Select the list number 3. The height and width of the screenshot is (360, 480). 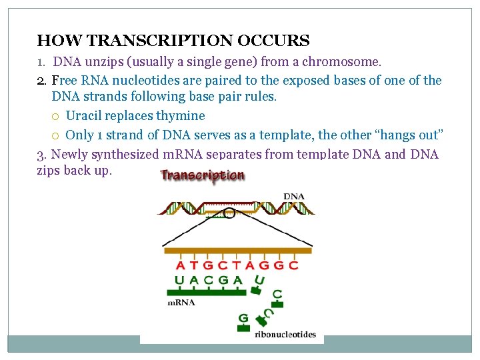(41, 155)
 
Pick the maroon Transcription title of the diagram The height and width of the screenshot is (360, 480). (202, 176)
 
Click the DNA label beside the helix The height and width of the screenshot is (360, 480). (294, 196)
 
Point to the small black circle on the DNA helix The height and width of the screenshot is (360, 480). (229, 213)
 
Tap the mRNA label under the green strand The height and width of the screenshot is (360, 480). (181, 302)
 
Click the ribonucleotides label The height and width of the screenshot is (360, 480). (285, 334)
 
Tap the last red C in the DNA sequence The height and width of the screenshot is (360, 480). (293, 265)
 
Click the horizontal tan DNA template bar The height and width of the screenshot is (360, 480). (237, 251)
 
